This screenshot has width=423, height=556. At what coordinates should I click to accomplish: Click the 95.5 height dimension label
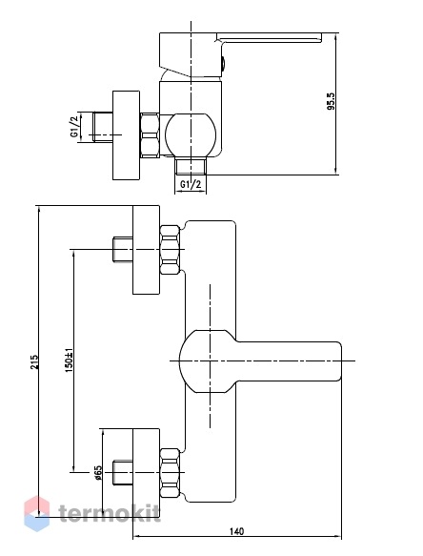coord(331,101)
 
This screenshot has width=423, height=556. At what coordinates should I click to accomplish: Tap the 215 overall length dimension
coord(34,362)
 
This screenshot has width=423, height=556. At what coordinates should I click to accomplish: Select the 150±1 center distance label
coord(69,360)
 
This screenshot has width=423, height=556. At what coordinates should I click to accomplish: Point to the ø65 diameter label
coord(98,472)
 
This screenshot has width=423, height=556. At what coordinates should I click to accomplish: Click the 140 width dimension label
coord(236,531)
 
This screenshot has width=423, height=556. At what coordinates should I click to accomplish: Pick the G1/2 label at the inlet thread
coord(74,128)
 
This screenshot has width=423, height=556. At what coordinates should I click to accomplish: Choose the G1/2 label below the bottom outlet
coord(191,184)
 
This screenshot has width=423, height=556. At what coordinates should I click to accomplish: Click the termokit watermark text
coord(110,513)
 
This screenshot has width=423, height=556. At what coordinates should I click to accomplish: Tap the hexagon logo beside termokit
coord(37,514)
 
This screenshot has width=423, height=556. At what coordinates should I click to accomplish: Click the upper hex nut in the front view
coord(170,250)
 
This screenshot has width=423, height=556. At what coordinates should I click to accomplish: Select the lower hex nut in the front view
coord(170,473)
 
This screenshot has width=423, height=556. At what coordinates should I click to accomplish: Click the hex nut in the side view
coord(151,135)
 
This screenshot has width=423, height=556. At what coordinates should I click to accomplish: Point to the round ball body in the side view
coord(191,134)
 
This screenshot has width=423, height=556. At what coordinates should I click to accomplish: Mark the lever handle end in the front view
coord(333,361)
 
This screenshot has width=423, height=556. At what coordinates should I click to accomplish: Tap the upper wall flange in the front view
coord(146,250)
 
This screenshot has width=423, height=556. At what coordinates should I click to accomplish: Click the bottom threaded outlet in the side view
coord(191,166)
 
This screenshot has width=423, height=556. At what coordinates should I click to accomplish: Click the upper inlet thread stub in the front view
coord(123,250)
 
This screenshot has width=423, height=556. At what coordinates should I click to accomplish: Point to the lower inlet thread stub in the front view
coord(123,473)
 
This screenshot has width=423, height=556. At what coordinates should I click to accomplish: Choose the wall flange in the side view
coord(126,135)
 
